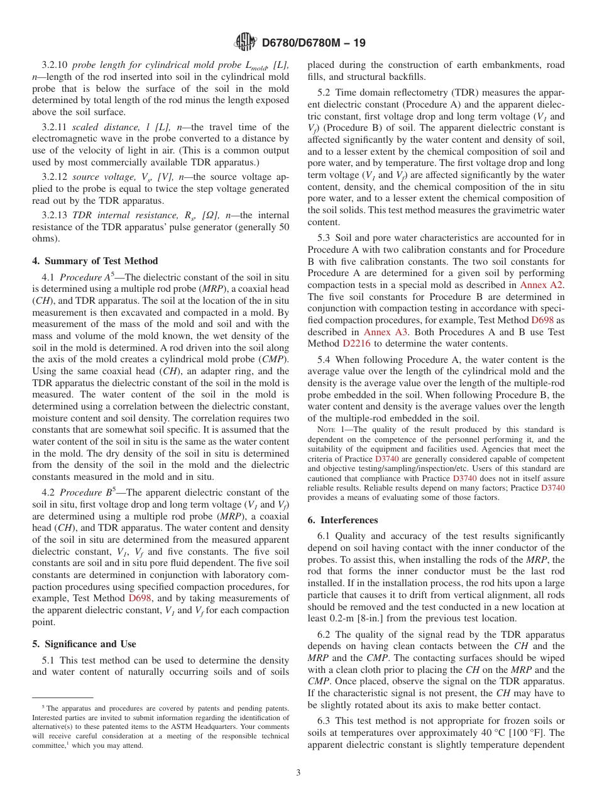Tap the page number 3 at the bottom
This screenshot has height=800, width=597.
(x=298, y=772)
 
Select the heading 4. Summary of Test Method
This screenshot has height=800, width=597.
(x=95, y=261)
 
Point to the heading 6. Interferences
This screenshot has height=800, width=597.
(x=342, y=520)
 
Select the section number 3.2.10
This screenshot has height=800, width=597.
(x=55, y=65)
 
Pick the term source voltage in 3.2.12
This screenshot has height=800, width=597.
(x=102, y=177)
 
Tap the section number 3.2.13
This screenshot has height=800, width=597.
(x=55, y=214)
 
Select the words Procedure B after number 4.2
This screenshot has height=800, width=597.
(x=87, y=492)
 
